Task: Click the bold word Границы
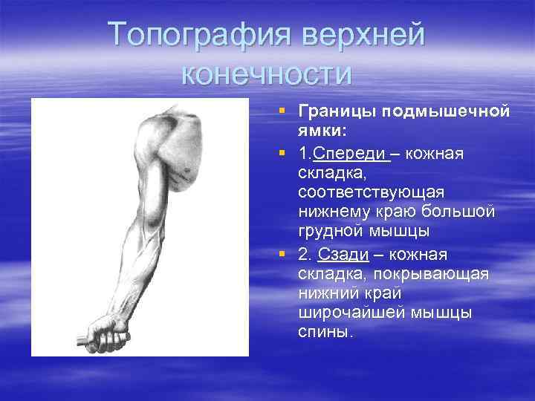(337, 111)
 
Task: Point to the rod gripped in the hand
(80, 342)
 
